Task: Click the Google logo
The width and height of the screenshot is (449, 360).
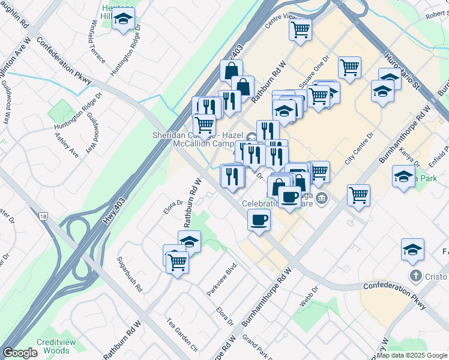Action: [x=20, y=353]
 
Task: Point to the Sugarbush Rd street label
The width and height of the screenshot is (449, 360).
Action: [x=130, y=279]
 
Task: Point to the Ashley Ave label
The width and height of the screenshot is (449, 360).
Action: [x=67, y=146]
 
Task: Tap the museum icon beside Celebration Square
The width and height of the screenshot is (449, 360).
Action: [x=322, y=198]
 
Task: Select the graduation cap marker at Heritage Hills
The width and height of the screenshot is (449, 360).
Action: [x=123, y=19]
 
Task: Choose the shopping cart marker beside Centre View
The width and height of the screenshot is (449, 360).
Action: [x=300, y=29]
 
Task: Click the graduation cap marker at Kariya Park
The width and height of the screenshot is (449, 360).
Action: [x=403, y=176]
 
